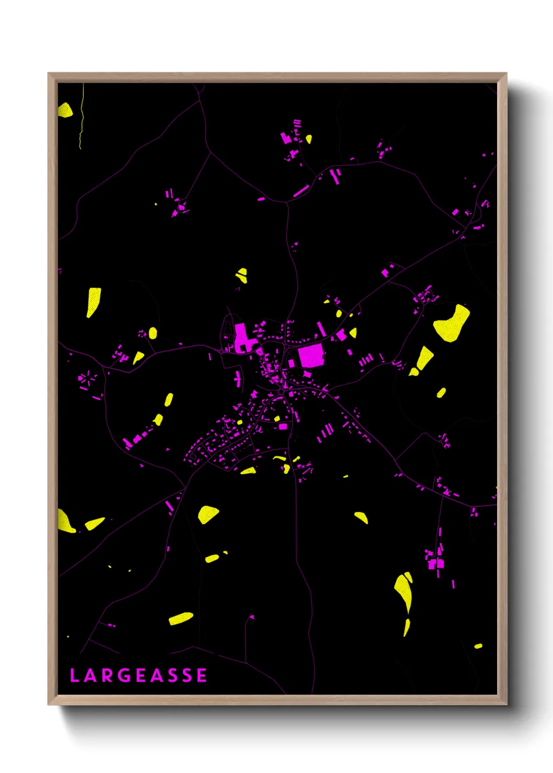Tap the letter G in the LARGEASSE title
coord(124,675)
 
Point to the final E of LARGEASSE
coord(202,675)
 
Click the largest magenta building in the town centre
coord(311,355)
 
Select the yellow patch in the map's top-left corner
coord(65,110)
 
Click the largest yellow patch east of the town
coord(452,324)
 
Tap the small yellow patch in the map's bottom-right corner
coord(478,646)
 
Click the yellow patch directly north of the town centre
coord(241,275)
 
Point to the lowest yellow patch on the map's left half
coord(181,618)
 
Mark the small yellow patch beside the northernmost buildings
coord(309,139)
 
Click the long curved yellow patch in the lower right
coord(404,590)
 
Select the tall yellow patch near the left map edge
coord(93,302)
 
